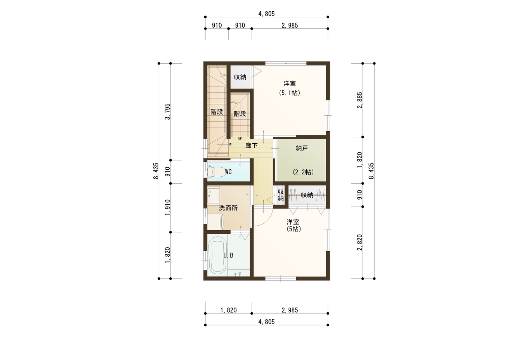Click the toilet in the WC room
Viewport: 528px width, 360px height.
click(215, 172)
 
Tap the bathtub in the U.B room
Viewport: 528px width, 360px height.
click(217, 256)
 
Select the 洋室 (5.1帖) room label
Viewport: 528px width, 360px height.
click(290, 88)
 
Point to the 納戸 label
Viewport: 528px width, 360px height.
click(302, 148)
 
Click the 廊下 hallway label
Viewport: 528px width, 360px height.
click(251, 146)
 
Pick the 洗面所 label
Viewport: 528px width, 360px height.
click(228, 208)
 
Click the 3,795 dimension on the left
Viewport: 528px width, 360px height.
click(168, 111)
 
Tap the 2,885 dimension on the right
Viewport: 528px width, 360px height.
click(360, 100)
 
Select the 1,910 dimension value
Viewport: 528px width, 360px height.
click(168, 207)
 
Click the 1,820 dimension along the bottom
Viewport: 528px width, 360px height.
click(228, 310)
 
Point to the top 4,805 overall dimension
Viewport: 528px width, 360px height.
click(267, 14)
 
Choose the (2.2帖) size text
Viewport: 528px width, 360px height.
click(303, 172)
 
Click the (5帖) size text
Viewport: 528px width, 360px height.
click(294, 229)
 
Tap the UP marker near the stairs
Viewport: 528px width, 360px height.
click(240, 139)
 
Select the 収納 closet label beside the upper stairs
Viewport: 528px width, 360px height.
click(240, 77)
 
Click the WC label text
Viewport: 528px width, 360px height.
click(228, 172)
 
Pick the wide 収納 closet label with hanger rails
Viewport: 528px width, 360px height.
click(307, 195)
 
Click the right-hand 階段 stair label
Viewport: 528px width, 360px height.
click(240, 114)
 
